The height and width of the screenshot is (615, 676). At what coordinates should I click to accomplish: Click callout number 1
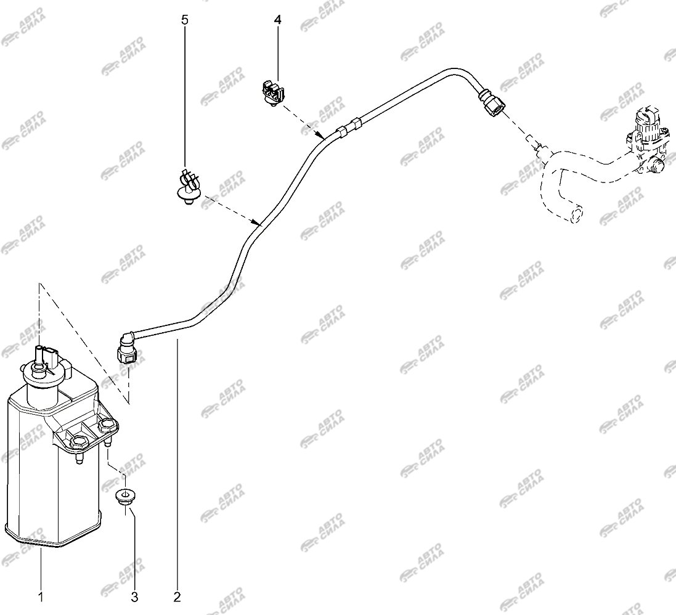coord(41,597)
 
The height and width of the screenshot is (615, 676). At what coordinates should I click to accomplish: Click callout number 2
coord(177,597)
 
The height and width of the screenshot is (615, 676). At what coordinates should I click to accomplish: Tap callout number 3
coord(134,597)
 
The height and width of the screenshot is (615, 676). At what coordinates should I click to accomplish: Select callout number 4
coord(277,20)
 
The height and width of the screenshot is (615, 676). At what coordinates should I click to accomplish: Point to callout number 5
coord(185,20)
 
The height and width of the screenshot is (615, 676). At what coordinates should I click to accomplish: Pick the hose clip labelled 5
coord(188,186)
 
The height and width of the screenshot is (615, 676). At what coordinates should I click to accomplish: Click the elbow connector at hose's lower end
coord(126,348)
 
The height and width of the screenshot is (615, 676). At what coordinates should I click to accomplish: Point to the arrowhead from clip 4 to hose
coord(320,135)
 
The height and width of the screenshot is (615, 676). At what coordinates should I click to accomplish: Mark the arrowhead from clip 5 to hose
coord(256,222)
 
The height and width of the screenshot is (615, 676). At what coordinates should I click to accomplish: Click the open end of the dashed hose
coord(576,214)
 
